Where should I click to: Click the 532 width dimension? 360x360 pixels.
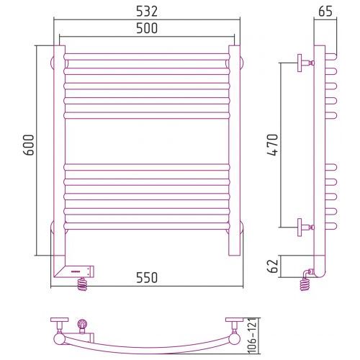[x=147, y=12]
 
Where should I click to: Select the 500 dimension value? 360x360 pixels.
[x=147, y=28]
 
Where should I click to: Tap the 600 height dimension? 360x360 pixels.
[x=30, y=145]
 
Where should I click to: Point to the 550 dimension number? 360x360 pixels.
[x=147, y=277]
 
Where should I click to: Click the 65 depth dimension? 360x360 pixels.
[x=325, y=12]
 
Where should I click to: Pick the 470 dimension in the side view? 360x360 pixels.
[x=272, y=145]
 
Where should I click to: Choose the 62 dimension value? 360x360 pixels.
[x=272, y=266]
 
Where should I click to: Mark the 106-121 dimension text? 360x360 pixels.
[x=252, y=336]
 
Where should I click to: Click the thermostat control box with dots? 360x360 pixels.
[x=80, y=271]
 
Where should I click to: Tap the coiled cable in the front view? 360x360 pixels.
[x=82, y=284]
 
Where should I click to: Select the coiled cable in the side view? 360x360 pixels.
[x=305, y=284]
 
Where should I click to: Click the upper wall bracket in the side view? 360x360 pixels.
[x=305, y=63]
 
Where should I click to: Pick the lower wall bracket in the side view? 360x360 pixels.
[x=305, y=227]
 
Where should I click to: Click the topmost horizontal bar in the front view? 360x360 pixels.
[x=147, y=57]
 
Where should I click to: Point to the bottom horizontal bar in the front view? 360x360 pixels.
[x=147, y=226]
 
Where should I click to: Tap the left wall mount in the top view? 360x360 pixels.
[x=59, y=330]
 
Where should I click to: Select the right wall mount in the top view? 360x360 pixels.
[x=234, y=330]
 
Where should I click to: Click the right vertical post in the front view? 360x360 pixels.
[x=234, y=150]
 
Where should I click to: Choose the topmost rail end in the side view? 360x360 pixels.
[x=331, y=57]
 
